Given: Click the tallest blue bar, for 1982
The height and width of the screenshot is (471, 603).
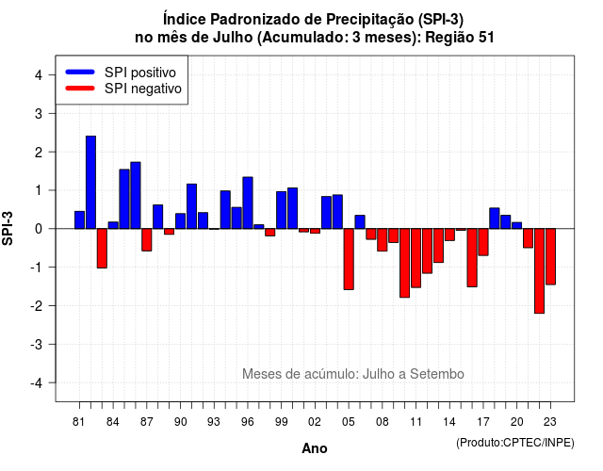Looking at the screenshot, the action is click(x=90, y=182).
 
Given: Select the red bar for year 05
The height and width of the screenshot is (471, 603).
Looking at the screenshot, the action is click(x=349, y=259).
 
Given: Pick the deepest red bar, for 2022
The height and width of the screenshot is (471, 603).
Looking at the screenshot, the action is click(x=539, y=271).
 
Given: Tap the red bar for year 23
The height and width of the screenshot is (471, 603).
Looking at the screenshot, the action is click(x=550, y=256).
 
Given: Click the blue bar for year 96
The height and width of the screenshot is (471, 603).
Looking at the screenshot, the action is click(x=248, y=203).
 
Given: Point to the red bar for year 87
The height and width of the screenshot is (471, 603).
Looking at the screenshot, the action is click(x=147, y=240).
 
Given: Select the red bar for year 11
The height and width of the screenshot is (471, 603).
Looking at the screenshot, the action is click(x=416, y=258).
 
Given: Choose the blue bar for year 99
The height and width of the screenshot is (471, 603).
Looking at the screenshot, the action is click(x=281, y=210).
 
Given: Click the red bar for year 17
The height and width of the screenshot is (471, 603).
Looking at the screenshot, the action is click(x=483, y=242).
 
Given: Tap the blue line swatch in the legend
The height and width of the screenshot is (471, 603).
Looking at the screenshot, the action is click(x=80, y=72).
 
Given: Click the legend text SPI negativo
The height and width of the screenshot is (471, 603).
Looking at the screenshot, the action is click(x=143, y=89).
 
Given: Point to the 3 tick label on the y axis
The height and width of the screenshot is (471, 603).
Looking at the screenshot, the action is click(x=38, y=113).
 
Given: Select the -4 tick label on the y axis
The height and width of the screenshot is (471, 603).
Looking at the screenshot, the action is click(x=37, y=383).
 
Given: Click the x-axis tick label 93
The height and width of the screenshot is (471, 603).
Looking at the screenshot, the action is click(x=214, y=422).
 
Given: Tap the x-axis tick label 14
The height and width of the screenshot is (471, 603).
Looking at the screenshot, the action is click(x=448, y=422).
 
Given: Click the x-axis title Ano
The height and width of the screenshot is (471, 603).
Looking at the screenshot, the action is click(x=315, y=448).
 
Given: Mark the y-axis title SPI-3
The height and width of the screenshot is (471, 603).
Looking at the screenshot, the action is click(x=8, y=228).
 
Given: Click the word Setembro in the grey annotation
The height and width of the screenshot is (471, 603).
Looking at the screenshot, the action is click(x=437, y=374).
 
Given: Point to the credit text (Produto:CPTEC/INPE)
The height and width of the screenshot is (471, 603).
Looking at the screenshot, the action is click(x=515, y=443).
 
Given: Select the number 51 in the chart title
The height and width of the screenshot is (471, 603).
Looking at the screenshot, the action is click(x=486, y=38).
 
